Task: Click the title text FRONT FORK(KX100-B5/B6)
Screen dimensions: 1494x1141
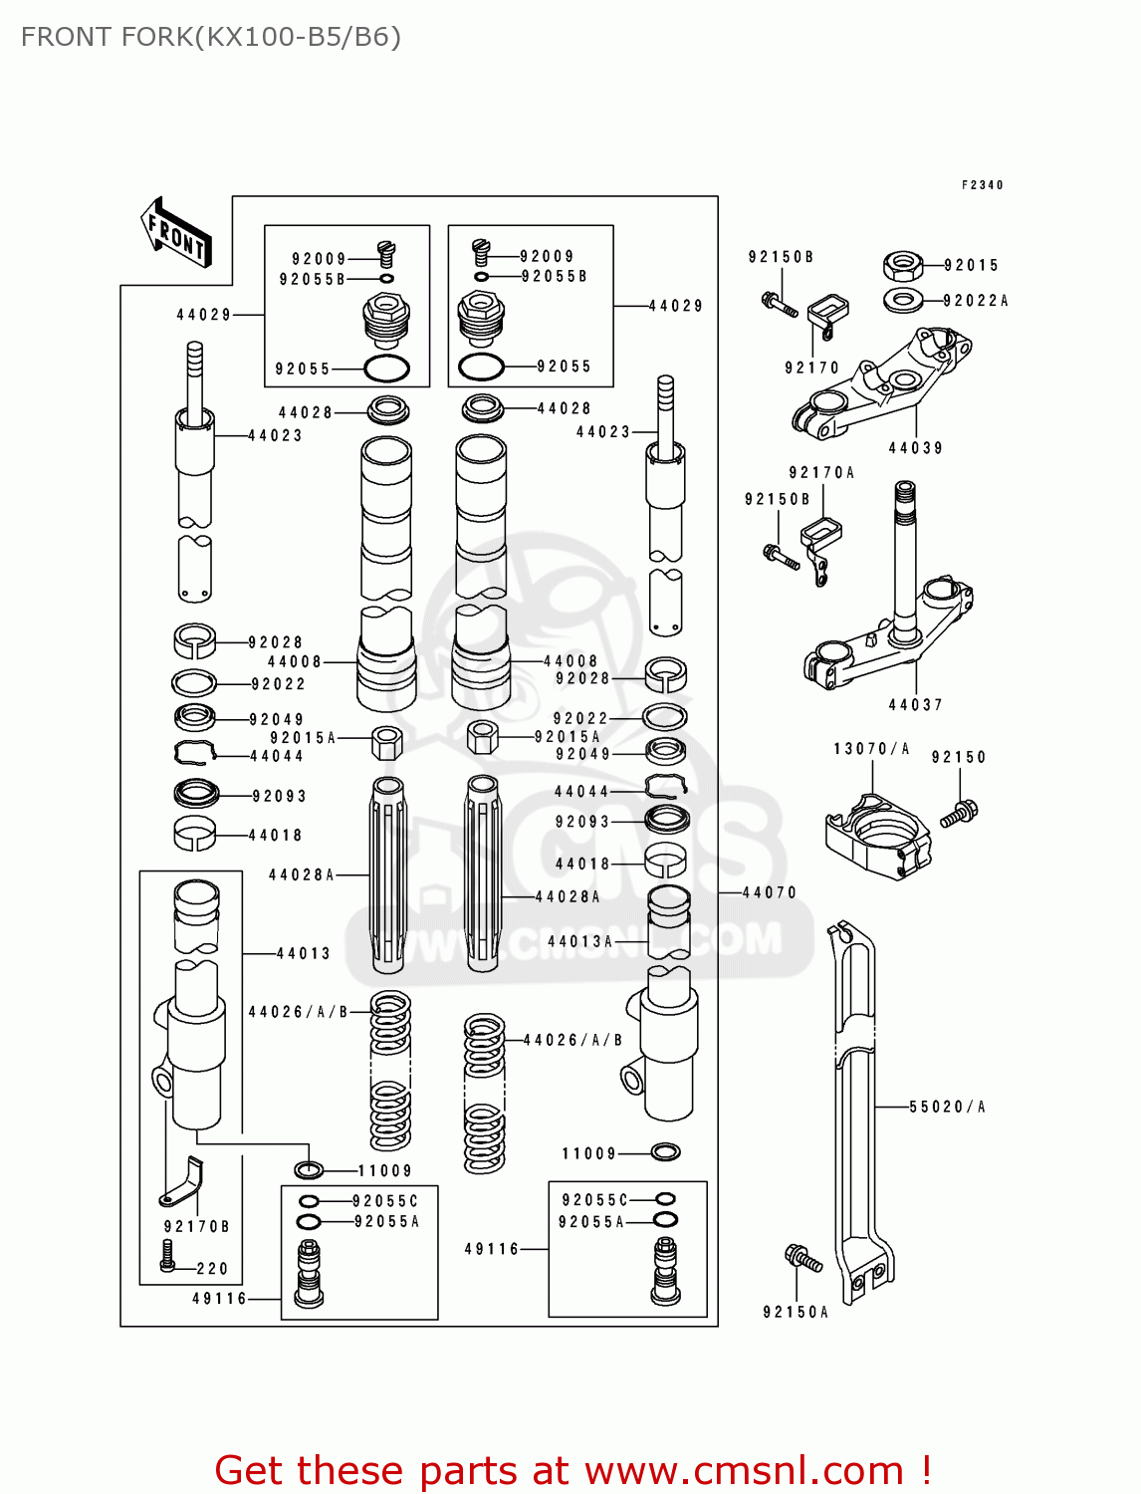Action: click(x=210, y=37)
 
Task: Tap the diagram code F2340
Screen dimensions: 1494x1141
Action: click(x=982, y=185)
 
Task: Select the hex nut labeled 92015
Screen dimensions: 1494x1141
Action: click(x=902, y=266)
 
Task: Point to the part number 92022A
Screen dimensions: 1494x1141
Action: click(x=975, y=301)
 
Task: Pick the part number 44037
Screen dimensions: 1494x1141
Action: click(x=915, y=705)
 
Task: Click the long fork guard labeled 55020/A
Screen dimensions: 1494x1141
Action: click(x=856, y=1106)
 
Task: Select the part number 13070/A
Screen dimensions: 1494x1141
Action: click(x=871, y=749)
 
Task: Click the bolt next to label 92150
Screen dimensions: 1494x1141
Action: click(x=960, y=813)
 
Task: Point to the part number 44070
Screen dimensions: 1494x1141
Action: click(x=770, y=892)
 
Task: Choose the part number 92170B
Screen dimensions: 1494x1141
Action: click(x=196, y=1227)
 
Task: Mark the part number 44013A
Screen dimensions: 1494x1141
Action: click(x=579, y=941)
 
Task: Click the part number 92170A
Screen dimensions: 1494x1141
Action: click(x=821, y=473)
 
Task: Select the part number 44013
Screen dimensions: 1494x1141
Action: click(x=303, y=953)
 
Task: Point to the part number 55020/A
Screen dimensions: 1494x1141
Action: click(x=946, y=1107)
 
